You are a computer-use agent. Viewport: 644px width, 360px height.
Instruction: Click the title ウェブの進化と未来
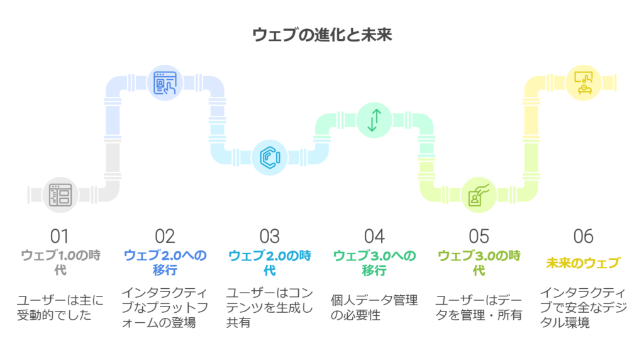(322, 35)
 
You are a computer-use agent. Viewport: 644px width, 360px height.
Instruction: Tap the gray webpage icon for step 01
(60, 195)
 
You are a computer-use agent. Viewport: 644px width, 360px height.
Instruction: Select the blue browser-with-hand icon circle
(165, 83)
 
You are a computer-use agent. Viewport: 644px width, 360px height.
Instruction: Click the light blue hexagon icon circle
(270, 157)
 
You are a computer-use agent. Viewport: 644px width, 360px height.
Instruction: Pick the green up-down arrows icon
(374, 120)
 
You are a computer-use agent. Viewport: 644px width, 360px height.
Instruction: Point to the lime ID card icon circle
(479, 195)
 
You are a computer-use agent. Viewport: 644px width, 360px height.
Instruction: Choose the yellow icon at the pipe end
(584, 83)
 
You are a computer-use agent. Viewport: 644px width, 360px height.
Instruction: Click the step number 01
(60, 236)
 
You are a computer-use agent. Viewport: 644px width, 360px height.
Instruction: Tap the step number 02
(165, 236)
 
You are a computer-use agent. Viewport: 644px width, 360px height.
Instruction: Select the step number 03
(270, 236)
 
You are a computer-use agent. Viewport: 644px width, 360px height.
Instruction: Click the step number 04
(374, 236)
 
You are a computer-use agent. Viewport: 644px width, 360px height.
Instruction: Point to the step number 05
(479, 236)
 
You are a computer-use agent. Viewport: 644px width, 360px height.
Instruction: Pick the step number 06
(584, 236)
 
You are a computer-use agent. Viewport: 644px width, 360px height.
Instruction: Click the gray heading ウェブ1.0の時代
(60, 262)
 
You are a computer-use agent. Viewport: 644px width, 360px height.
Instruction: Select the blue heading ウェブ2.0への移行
(165, 262)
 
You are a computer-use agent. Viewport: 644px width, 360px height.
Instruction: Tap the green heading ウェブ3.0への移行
(374, 262)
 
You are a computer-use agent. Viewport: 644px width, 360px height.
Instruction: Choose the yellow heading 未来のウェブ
(583, 263)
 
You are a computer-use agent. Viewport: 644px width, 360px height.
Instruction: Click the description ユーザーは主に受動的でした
(60, 307)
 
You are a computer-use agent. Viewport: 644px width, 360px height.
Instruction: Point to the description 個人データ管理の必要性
(374, 307)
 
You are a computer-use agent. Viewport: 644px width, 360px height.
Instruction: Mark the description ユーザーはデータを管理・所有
(479, 307)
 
